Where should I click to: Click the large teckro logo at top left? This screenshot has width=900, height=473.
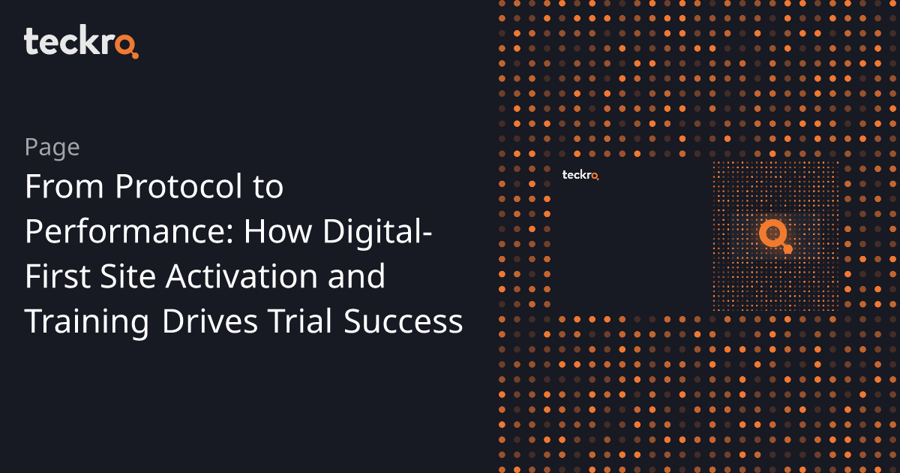(81, 41)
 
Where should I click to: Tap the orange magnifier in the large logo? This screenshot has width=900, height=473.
(127, 46)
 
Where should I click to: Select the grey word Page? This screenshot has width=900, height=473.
(52, 148)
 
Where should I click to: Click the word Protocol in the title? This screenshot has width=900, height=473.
(178, 186)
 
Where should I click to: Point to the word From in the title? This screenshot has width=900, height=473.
(64, 187)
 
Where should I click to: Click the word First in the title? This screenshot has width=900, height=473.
(58, 277)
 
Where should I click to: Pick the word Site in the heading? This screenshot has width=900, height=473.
(127, 276)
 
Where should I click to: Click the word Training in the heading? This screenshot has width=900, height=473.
(87, 323)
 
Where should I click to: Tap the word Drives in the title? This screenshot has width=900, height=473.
(209, 321)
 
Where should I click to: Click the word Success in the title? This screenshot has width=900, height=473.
(403, 322)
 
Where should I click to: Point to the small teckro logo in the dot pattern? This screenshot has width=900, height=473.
(580, 175)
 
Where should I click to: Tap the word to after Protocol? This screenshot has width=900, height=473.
(268, 188)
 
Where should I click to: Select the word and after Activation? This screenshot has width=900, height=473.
(356, 276)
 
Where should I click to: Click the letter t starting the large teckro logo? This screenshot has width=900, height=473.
(31, 42)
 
